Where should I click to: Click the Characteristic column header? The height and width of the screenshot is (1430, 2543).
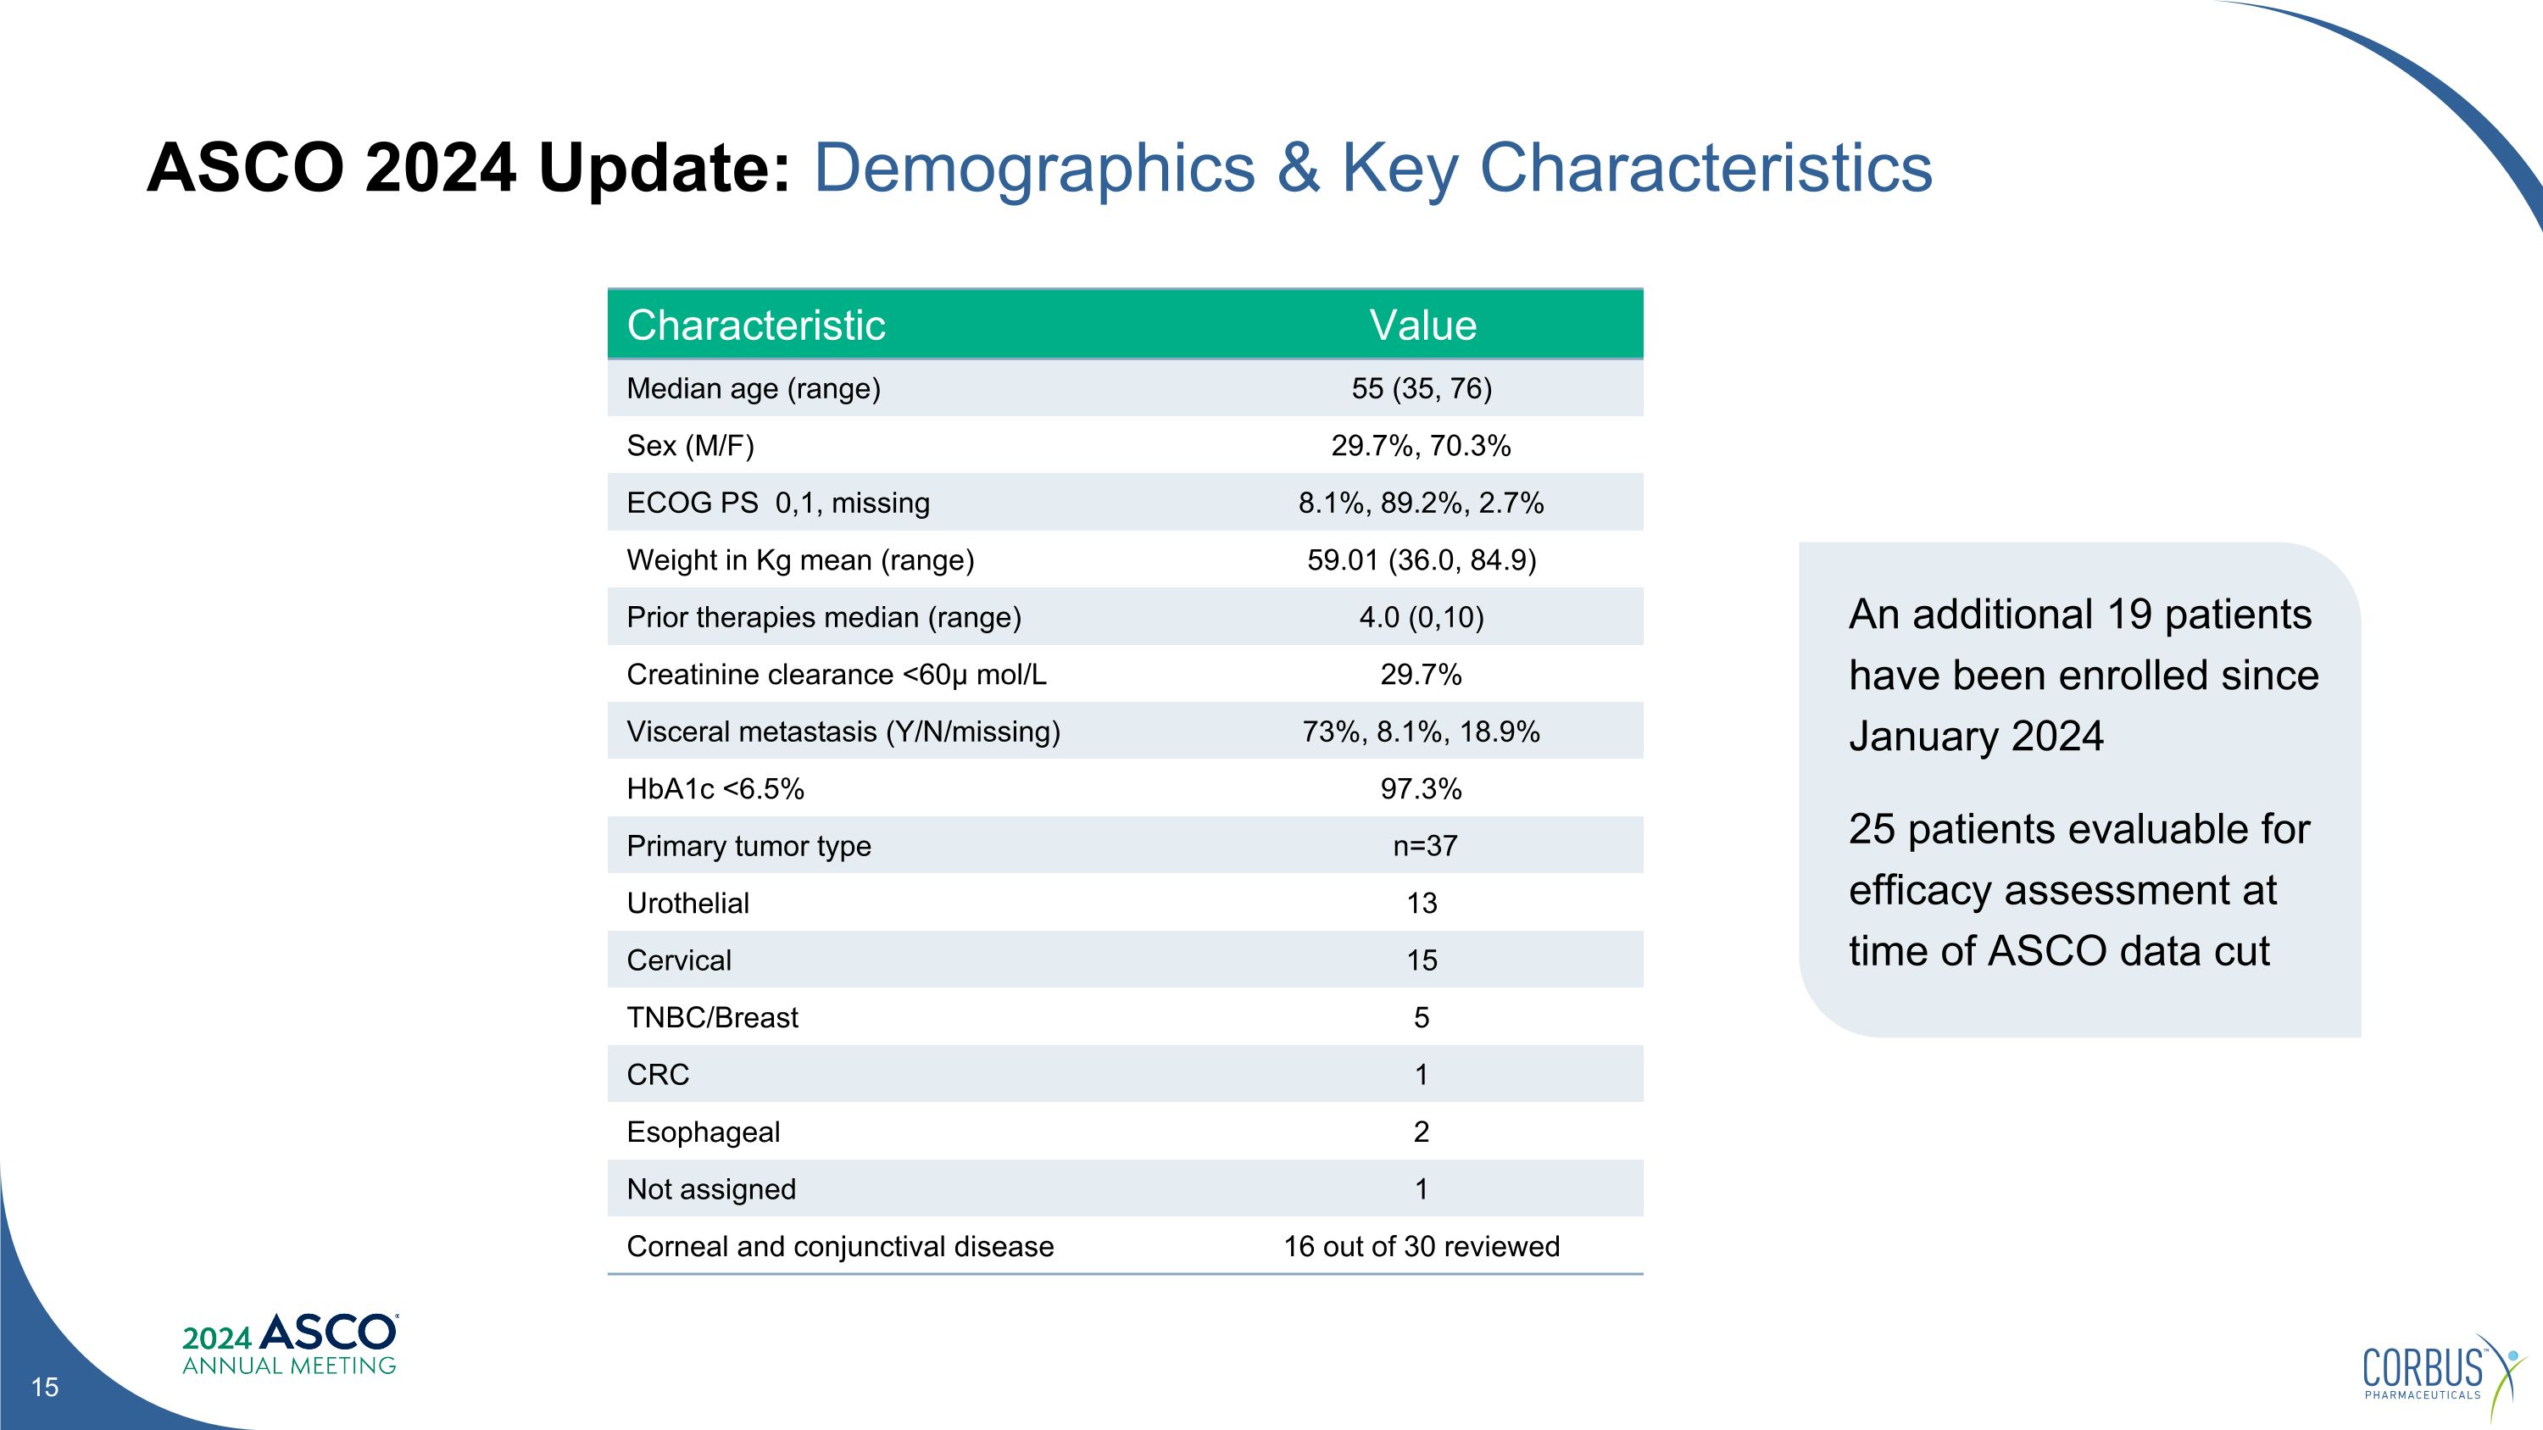pos(756,326)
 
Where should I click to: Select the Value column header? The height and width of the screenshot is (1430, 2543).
pos(1422,326)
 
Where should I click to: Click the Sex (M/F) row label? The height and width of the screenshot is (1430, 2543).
pos(690,446)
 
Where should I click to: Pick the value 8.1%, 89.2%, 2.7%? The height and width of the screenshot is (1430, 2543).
pos(1421,504)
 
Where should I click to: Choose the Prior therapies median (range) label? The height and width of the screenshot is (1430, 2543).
pos(823,618)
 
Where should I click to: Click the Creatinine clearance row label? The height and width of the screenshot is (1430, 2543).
pos(836,675)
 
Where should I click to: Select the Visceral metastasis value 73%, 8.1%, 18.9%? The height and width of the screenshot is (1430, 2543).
pos(1421,732)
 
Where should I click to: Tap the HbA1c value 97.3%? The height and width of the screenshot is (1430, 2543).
pos(1421,789)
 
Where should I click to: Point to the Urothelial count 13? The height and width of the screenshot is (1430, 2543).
pos(1422,904)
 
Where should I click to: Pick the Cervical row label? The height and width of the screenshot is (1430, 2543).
pos(679,961)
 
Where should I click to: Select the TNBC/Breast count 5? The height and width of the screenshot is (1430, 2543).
pos(1422,1019)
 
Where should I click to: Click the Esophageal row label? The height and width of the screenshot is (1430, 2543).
pos(703,1133)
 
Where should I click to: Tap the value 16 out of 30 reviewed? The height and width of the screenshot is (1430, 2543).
pos(1422,1248)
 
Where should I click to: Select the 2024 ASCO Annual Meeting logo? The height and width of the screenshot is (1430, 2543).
pos(290,1344)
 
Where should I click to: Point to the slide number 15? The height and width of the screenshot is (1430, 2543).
pos(44,1388)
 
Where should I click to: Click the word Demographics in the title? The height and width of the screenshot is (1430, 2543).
pos(1033,168)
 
